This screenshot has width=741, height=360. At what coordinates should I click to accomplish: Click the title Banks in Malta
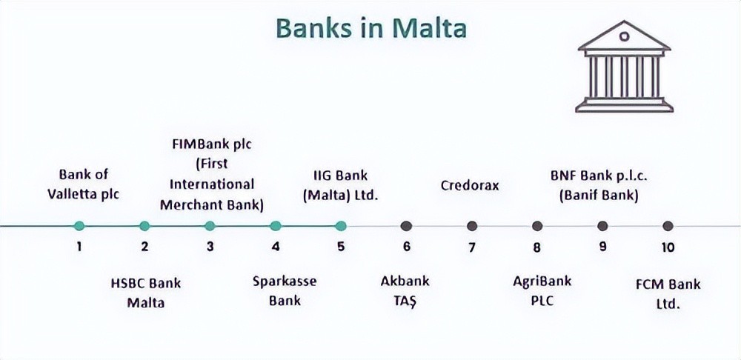click(371, 28)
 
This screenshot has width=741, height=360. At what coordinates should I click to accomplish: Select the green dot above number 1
click(79, 226)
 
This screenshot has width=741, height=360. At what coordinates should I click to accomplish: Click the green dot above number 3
click(210, 226)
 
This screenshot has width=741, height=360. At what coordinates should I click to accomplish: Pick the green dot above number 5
click(341, 226)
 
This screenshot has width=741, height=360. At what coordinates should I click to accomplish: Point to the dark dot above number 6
click(406, 226)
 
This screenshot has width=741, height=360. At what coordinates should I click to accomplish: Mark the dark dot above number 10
click(668, 226)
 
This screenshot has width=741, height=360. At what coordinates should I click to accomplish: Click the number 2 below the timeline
click(144, 247)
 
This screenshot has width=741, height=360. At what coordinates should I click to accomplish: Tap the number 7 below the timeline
click(471, 247)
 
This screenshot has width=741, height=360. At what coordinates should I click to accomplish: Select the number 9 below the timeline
click(602, 247)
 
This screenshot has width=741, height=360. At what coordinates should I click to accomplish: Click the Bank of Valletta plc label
click(84, 184)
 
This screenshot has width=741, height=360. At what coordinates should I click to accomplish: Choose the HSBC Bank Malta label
click(145, 293)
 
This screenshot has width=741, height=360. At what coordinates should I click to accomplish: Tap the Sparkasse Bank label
click(285, 290)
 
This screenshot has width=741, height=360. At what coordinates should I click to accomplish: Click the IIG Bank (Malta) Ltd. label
click(341, 185)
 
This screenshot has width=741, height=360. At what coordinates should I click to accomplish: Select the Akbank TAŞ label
click(405, 290)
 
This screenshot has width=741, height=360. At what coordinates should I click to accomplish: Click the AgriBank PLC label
click(542, 290)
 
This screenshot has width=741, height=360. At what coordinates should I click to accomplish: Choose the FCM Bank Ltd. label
click(668, 294)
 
